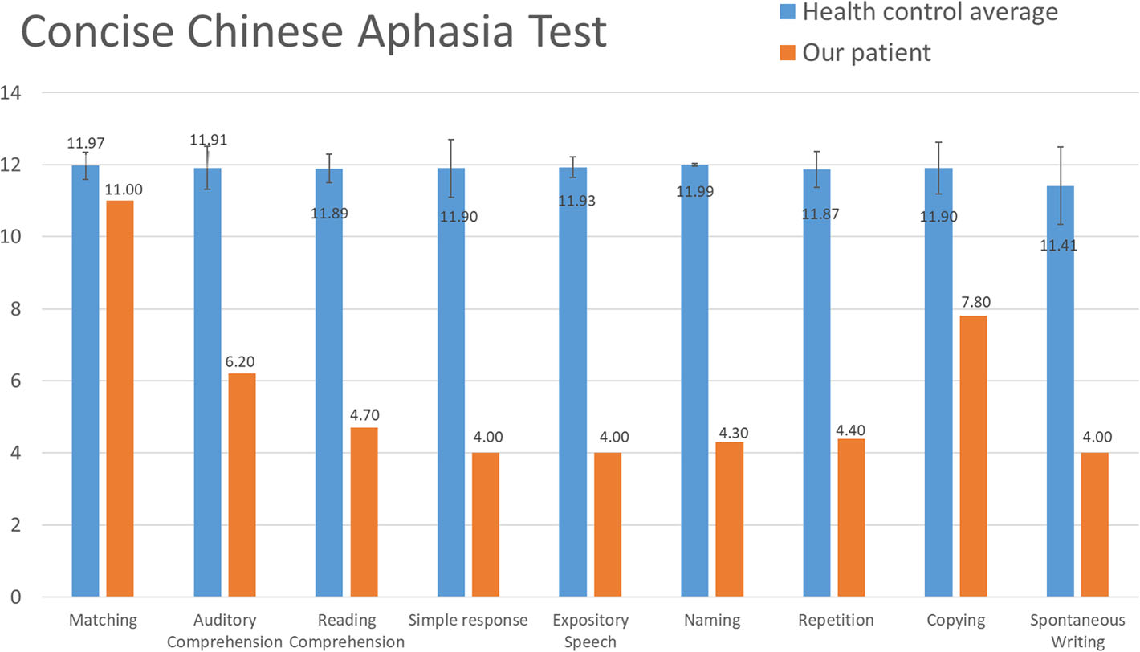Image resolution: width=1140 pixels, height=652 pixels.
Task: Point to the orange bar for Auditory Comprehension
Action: point(242,485)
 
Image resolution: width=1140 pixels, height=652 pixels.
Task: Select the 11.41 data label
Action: point(1059,245)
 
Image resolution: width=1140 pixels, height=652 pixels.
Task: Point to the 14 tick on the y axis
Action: point(11,93)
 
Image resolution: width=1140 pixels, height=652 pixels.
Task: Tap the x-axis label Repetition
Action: point(836,620)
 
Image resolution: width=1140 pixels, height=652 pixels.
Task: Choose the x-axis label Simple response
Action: point(468,620)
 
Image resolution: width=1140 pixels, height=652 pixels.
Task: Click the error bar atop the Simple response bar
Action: point(451,168)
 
